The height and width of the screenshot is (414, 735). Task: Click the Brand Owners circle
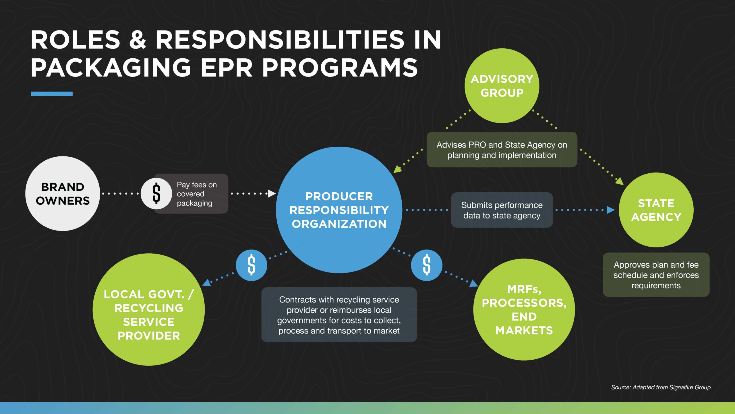(63, 193)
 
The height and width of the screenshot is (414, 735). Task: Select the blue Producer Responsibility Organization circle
(339, 210)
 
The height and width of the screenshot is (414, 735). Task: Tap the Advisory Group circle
(502, 86)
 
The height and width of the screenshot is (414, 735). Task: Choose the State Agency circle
(656, 210)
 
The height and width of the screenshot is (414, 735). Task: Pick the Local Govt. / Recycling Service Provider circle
(149, 309)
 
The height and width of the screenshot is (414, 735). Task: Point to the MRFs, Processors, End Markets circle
(524, 309)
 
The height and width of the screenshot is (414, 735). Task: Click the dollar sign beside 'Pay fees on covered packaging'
(156, 193)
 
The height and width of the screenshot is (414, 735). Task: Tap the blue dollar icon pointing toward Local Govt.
(251, 265)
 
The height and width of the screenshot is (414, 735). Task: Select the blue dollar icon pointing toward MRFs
(427, 265)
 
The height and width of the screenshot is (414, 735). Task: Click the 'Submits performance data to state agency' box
(502, 210)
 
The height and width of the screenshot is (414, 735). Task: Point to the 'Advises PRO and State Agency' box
(502, 150)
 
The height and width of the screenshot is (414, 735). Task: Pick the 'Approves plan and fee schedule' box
(656, 275)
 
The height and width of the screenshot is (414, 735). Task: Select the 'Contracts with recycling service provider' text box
(339, 315)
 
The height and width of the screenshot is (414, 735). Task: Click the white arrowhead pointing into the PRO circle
(271, 193)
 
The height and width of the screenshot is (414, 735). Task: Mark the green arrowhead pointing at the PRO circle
(397, 169)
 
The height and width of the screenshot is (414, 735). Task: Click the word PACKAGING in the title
(111, 68)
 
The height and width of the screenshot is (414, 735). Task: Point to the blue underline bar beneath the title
(52, 94)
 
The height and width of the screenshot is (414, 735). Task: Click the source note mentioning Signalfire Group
(661, 387)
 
